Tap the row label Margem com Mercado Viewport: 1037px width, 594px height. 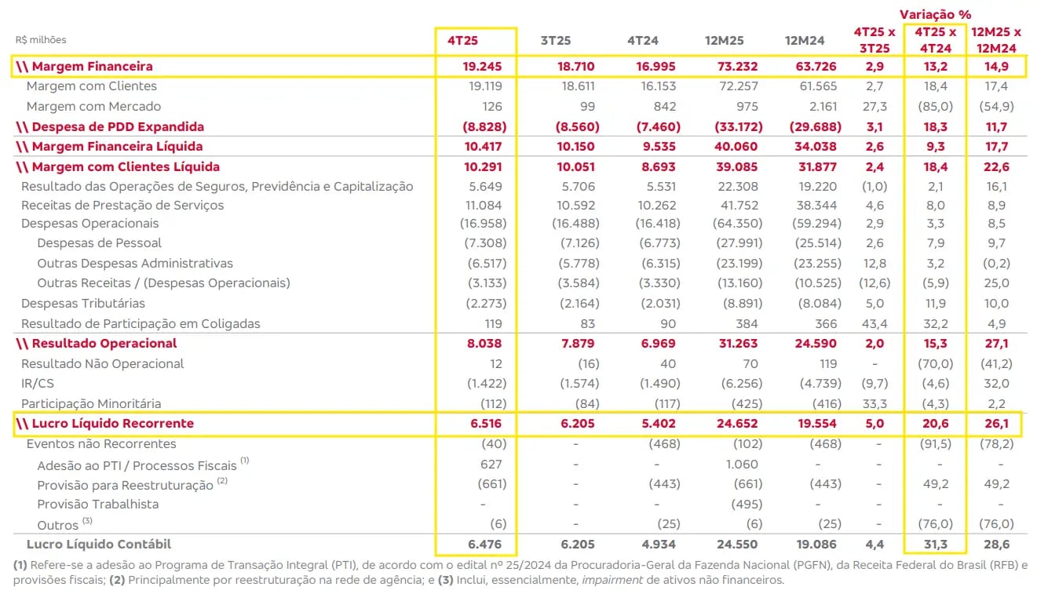click(93, 106)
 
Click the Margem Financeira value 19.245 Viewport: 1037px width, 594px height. click(482, 66)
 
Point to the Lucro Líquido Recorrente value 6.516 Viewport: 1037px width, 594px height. click(485, 424)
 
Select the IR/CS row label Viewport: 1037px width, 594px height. click(38, 384)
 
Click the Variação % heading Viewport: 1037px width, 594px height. click(937, 14)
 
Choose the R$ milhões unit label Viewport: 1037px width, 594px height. click(41, 39)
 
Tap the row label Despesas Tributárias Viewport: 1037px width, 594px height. click(83, 304)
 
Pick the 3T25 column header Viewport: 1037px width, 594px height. click(556, 39)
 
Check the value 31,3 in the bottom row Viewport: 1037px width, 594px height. click(936, 545)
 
